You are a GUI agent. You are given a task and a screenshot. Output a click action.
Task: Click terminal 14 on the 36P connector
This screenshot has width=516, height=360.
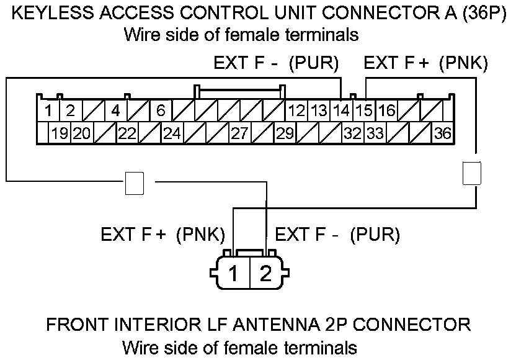[x=340, y=112]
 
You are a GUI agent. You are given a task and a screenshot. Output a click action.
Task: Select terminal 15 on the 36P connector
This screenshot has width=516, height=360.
[x=365, y=112]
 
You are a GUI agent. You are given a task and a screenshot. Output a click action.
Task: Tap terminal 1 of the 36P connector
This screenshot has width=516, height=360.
[x=48, y=112]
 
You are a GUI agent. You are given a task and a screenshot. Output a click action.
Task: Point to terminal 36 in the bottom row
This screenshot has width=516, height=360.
[x=442, y=133]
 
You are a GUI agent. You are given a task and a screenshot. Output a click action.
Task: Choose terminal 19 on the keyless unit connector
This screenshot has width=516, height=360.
[x=60, y=133]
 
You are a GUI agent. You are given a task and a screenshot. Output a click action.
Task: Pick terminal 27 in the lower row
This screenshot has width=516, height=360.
[x=239, y=133]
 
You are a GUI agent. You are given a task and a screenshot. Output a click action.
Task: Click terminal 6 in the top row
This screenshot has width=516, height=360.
[x=160, y=112]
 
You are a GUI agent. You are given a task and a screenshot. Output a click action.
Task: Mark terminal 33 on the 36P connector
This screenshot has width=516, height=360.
[x=375, y=133]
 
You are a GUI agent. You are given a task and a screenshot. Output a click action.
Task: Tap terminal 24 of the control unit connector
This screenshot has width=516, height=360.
[x=172, y=133]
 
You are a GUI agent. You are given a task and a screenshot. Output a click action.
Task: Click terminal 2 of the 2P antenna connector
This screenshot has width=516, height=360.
[x=266, y=274]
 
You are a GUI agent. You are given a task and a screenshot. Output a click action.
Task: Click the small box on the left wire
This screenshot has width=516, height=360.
[x=135, y=182]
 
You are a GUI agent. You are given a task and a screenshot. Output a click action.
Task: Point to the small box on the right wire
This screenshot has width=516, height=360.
[x=472, y=173]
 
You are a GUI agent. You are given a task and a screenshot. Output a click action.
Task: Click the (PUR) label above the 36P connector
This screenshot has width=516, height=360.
[x=316, y=63]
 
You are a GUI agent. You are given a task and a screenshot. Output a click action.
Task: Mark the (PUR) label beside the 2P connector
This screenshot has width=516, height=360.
[x=375, y=235]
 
